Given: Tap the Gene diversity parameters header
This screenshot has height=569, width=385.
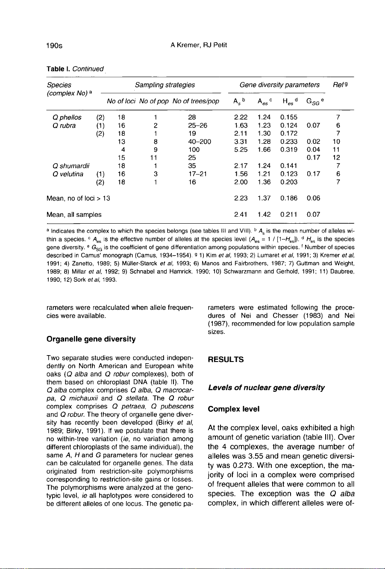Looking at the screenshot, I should (279, 85).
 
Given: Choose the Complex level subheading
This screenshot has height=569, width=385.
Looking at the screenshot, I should (233, 409).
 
